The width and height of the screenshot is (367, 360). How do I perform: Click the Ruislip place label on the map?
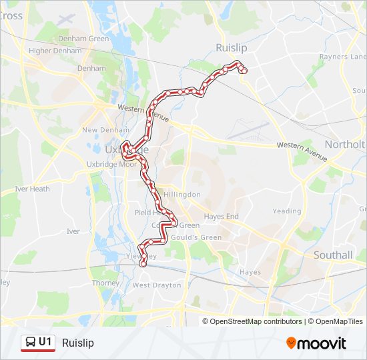232,48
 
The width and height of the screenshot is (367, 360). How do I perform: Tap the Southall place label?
333,255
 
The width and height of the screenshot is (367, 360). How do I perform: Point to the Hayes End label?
221,217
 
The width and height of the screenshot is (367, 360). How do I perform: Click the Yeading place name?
287,211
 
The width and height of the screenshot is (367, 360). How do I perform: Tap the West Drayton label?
157,285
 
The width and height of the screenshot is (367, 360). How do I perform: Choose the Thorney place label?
105,283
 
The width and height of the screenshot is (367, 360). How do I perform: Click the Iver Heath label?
32,189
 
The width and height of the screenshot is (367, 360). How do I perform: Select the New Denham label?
99,130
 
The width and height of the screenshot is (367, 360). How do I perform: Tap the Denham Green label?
83,39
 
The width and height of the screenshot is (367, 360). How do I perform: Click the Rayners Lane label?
343,57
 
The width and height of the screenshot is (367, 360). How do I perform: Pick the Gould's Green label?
197,237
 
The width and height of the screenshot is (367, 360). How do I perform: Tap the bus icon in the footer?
30,343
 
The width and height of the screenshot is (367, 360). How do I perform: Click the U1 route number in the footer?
45,342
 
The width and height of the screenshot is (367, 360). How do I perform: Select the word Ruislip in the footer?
77,343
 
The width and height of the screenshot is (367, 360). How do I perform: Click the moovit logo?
316,343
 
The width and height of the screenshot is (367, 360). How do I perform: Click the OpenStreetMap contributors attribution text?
256,321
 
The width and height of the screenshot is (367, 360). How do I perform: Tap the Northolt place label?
345,145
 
